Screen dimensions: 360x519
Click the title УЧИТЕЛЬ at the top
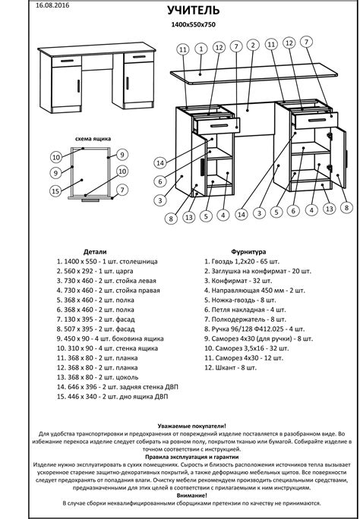(x=193, y=11)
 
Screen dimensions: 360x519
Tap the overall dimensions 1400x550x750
(x=194, y=24)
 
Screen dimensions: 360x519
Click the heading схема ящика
(x=93, y=139)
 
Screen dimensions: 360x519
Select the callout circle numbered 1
(x=201, y=49)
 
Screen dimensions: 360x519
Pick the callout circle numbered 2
(x=253, y=46)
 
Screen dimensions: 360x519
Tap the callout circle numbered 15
(x=56, y=191)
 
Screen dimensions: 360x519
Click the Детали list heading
(x=95, y=252)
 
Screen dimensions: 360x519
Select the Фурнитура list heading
(x=248, y=252)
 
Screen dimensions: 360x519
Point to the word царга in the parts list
(x=124, y=272)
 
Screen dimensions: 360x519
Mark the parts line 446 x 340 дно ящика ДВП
(x=112, y=397)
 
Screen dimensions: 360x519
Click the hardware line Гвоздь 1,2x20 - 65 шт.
(x=242, y=262)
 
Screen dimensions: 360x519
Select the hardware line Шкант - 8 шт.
(x=230, y=368)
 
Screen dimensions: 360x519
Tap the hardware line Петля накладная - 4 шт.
(x=245, y=310)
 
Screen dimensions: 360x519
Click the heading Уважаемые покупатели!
(x=192, y=426)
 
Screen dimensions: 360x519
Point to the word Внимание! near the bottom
(x=192, y=495)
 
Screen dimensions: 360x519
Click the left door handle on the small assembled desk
(x=78, y=86)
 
